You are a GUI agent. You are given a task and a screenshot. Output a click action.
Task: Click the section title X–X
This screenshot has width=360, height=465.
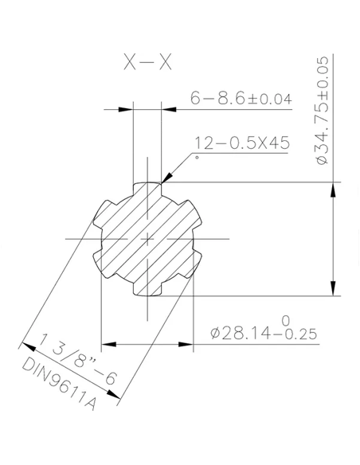click(x=147, y=64)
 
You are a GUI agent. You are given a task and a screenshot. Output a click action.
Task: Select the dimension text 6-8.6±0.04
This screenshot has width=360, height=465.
click(x=241, y=99)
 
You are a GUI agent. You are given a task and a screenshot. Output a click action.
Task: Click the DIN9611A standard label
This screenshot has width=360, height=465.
click(x=61, y=387)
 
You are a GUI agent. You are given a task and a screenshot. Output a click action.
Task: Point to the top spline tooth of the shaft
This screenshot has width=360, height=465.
click(x=147, y=188)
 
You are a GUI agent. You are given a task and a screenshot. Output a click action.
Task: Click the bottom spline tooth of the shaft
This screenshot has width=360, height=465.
click(x=147, y=290)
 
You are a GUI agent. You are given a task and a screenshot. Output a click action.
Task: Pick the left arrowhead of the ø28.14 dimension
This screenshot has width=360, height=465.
click(x=108, y=345)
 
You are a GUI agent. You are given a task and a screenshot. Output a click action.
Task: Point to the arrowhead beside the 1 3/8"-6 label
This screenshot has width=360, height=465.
click(x=26, y=345)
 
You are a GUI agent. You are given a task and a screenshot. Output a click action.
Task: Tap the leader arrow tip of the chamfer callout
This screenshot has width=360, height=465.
click(x=162, y=182)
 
